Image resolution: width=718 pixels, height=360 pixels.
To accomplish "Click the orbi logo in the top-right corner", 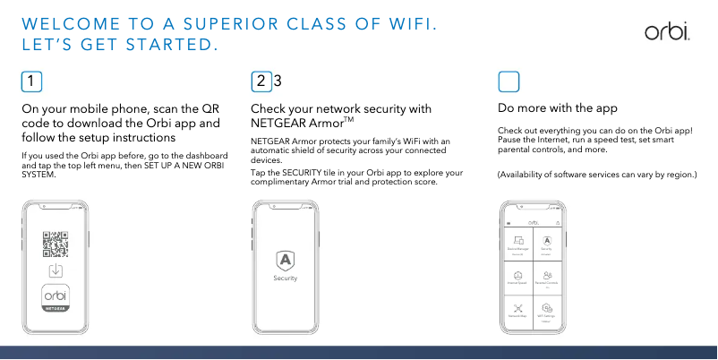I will pos(666,33).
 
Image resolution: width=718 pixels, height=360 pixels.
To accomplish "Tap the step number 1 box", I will pos(31,81).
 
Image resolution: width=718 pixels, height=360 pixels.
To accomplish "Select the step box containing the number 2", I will pos(261,81).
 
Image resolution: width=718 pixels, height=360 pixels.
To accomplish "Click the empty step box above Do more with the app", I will pos(508,81).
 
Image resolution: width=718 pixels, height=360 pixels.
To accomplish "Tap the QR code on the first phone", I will pos(56,244).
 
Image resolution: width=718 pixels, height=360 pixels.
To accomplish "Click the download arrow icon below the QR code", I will pos(56,270).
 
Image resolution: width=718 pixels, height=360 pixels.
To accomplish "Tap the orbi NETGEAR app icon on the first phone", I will pos(56,297).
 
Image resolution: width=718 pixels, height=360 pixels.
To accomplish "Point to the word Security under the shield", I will pos(285,279).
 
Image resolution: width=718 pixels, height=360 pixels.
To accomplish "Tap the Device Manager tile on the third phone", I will pos(518,243).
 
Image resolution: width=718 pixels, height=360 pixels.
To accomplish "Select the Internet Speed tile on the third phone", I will pos(518,278).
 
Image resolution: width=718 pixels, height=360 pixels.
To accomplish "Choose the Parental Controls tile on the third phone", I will pos(547,278).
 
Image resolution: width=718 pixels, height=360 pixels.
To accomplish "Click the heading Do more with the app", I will pos(557,108).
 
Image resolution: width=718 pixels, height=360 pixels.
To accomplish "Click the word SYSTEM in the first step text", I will pos(38,173).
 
